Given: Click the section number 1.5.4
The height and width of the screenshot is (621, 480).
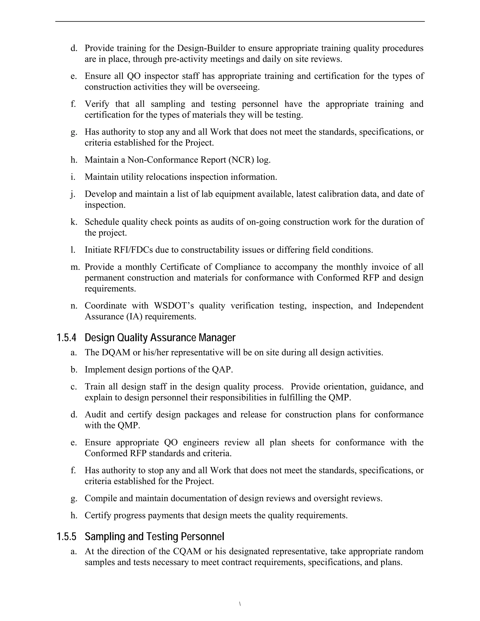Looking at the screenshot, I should pos(66,338).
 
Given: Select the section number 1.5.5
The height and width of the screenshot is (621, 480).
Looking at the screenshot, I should pos(66,537).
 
